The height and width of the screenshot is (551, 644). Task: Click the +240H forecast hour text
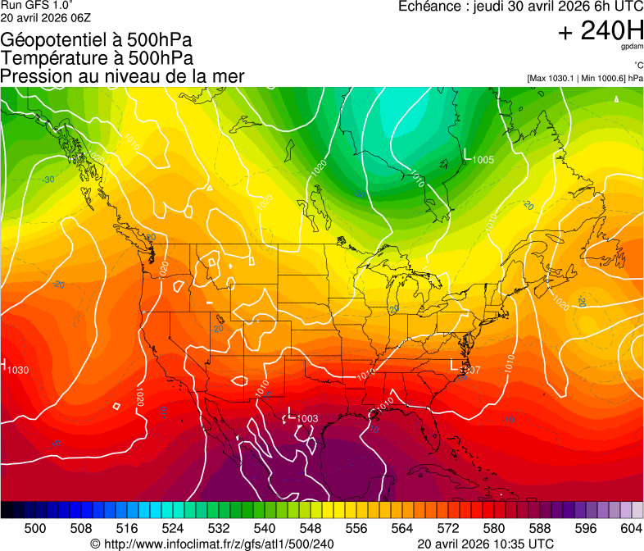[600, 32]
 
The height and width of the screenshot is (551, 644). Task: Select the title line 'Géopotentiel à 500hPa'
[97, 40]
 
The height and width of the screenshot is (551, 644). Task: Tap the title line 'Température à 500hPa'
[97, 58]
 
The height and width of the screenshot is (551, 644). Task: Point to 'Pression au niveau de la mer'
[122, 76]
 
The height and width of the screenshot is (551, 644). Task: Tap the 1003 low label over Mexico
[306, 419]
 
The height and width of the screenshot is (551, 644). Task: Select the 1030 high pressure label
[18, 370]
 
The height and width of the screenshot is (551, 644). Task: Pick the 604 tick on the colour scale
[631, 527]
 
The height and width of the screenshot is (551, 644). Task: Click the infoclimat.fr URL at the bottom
[212, 544]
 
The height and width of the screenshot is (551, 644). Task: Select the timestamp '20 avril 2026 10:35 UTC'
[485, 544]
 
